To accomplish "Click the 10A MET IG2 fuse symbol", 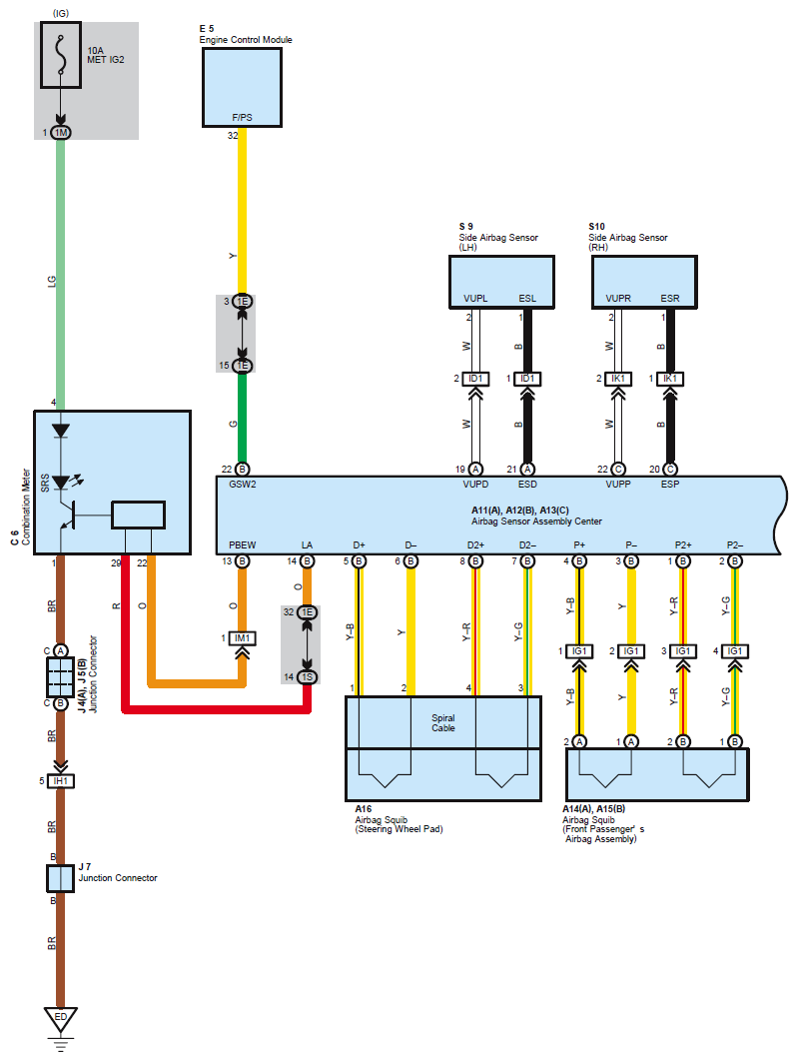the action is pyautogui.click(x=61, y=55).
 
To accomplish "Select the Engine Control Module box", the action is pyautogui.click(x=242, y=87).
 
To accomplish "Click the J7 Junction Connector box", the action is pyautogui.click(x=60, y=878).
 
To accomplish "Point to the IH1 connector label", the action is pyautogui.click(x=61, y=781).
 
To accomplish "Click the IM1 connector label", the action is pyautogui.click(x=242, y=638).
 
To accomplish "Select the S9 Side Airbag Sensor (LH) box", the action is pyautogui.click(x=501, y=282).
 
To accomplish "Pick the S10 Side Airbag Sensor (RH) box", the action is pyautogui.click(x=644, y=282).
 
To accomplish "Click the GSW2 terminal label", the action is pyautogui.click(x=242, y=485).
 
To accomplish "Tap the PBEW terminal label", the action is pyautogui.click(x=242, y=544).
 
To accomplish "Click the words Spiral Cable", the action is pyautogui.click(x=443, y=722).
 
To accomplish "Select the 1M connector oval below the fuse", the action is pyautogui.click(x=61, y=133).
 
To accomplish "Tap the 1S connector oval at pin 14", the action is pyautogui.click(x=307, y=676).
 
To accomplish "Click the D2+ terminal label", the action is pyautogui.click(x=475, y=544).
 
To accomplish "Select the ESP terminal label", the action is pyautogui.click(x=670, y=485).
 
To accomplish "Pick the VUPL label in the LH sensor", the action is pyautogui.click(x=475, y=299).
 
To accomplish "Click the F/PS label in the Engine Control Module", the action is pyautogui.click(x=242, y=118).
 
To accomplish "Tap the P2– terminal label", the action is pyautogui.click(x=735, y=544).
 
